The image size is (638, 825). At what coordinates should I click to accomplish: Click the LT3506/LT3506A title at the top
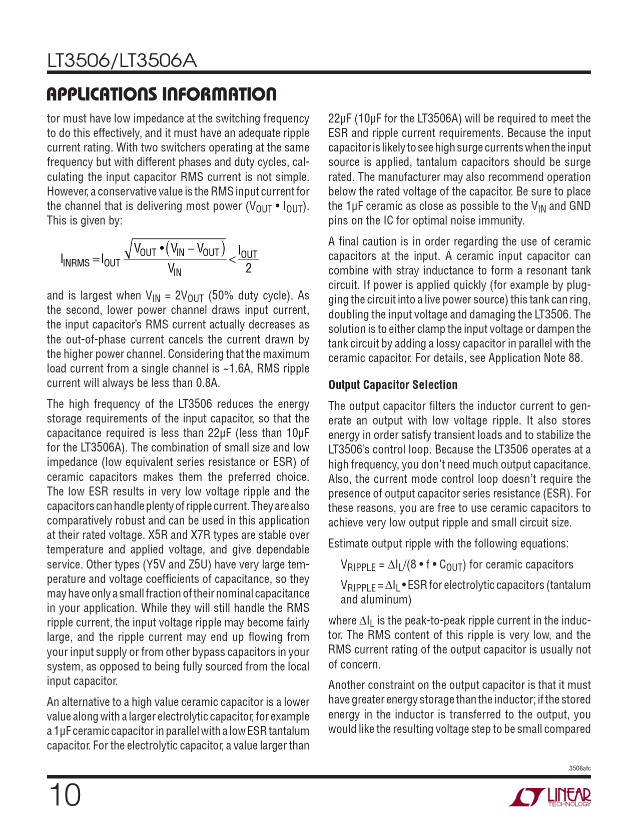click(122, 61)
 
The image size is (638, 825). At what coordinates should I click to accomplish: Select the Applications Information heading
click(161, 94)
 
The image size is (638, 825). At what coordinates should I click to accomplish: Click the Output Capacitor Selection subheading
click(393, 385)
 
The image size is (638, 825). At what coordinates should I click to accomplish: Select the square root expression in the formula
click(175, 248)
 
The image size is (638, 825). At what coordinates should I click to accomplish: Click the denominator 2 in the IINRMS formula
click(248, 269)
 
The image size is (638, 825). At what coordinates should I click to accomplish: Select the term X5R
click(158, 535)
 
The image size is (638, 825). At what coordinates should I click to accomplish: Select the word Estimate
click(348, 543)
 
